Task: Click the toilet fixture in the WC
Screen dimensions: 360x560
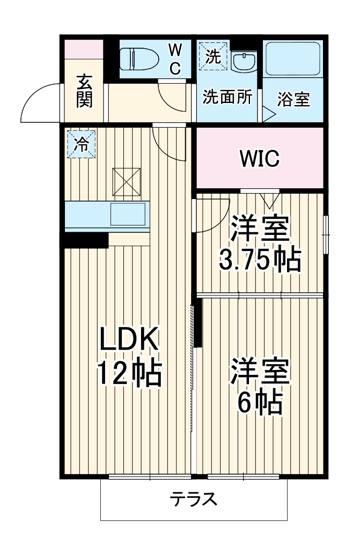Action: (139, 59)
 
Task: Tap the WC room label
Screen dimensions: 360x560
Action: (175, 59)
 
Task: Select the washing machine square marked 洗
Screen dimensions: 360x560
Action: (213, 56)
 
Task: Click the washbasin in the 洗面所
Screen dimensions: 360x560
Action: (244, 62)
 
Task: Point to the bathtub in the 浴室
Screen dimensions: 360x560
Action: (293, 59)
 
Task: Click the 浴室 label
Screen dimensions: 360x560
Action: (293, 99)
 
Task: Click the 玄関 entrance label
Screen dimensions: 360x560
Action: (84, 91)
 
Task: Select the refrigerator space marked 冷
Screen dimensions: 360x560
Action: (82, 144)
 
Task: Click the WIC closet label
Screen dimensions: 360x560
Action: (260, 158)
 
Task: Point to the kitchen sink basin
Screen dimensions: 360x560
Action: (128, 214)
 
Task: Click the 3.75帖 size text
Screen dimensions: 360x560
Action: (260, 260)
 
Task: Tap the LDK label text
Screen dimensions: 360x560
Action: (129, 339)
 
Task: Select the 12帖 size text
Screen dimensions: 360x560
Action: (130, 374)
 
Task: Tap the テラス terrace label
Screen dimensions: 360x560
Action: (193, 499)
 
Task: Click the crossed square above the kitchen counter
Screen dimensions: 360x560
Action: (127, 181)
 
